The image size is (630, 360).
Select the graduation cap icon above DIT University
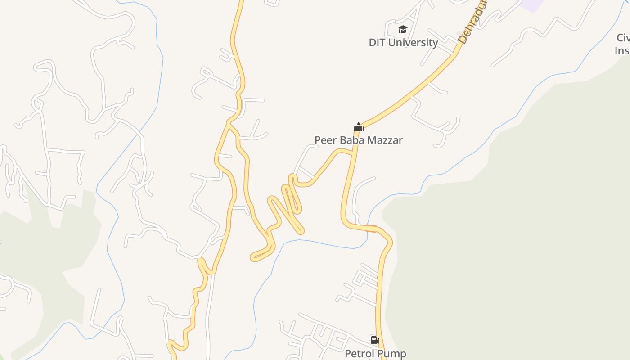403,30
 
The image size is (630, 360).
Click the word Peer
325,140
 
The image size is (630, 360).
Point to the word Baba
351,140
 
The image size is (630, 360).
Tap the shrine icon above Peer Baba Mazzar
358,127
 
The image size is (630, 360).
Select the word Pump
392,354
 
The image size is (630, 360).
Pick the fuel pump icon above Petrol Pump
375,340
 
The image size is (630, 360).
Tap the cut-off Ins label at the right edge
622,50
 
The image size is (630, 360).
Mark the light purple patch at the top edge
531,4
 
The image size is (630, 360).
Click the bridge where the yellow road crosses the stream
371,229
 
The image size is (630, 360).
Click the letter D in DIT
372,43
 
